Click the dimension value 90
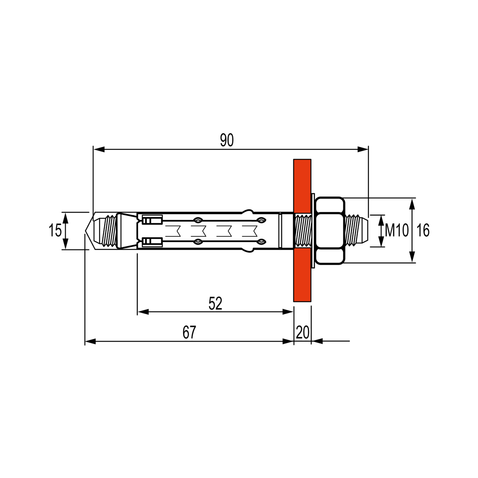click(x=227, y=140)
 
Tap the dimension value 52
click(x=216, y=303)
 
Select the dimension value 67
click(x=189, y=332)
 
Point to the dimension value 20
click(x=303, y=332)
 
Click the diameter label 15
click(x=55, y=230)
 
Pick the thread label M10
click(x=397, y=230)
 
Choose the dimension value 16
click(x=423, y=230)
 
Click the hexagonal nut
click(x=329, y=230)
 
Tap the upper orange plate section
click(x=302, y=186)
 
